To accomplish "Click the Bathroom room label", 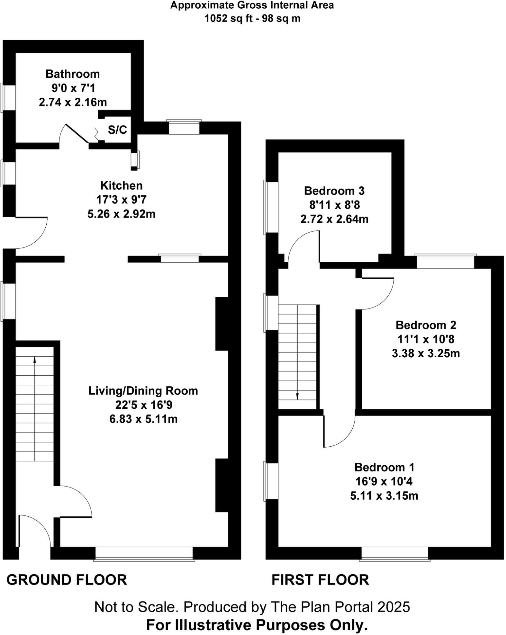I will click(73, 74).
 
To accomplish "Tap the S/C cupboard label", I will click(117, 130).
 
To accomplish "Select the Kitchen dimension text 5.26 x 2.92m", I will click(121, 214).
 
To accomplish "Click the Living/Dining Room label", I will click(143, 391).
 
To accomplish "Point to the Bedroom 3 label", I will click(334, 191).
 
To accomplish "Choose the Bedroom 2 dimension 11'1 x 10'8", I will click(426, 339).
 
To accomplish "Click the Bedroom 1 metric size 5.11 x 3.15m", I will click(384, 496).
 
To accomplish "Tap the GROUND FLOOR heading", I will click(67, 580).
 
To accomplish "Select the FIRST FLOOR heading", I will click(320, 580).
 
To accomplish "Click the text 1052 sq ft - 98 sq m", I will click(252, 18).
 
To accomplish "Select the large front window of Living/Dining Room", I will click(144, 554).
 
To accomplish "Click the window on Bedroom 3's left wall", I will click(271, 207).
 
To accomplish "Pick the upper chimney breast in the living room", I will click(222, 324).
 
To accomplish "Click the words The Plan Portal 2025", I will click(340, 607).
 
